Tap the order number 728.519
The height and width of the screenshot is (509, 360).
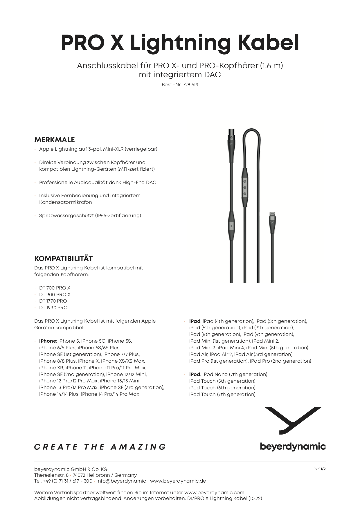(x=190, y=85)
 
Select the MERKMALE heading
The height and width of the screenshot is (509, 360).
(x=55, y=140)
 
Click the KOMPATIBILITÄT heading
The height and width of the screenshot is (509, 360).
(x=64, y=258)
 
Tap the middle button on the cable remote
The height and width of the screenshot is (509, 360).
(x=245, y=188)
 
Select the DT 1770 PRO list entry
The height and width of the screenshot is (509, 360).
(x=53, y=301)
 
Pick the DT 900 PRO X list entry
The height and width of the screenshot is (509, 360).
(x=55, y=294)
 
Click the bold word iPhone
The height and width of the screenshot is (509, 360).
(x=48, y=341)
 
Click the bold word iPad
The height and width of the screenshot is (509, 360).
(x=195, y=321)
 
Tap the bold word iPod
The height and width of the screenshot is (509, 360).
(x=195, y=374)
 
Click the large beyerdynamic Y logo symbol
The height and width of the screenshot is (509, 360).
(x=293, y=420)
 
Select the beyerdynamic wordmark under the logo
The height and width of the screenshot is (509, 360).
(x=293, y=446)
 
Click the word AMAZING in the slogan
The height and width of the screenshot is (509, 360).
(x=138, y=447)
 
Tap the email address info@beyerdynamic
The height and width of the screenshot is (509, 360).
(x=121, y=481)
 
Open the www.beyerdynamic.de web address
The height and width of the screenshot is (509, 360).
(x=178, y=481)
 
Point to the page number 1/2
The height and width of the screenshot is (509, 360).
(x=323, y=469)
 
